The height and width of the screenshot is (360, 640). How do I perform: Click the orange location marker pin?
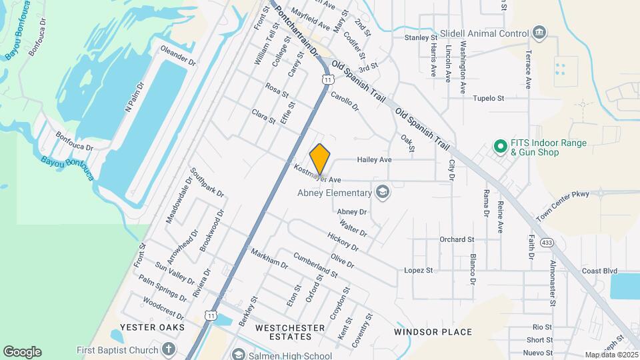click(x=320, y=159)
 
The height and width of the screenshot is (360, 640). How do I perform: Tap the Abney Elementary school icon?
click(x=382, y=193)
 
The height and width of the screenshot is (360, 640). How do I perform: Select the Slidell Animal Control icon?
click(x=539, y=33)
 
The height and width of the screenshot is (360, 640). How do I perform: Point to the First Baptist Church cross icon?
click(x=169, y=349)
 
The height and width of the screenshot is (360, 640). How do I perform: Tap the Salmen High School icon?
click(x=238, y=355)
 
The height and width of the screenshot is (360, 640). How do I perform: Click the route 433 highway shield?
click(x=546, y=241)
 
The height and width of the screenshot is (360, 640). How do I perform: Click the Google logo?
click(x=22, y=352)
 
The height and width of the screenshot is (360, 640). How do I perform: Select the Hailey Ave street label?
click(x=374, y=160)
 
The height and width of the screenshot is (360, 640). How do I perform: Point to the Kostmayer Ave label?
click(x=317, y=175)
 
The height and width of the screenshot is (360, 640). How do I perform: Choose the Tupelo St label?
click(x=489, y=98)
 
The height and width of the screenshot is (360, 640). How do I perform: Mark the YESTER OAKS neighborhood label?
click(x=147, y=327)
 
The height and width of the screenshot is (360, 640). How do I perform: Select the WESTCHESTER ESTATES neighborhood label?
click(x=290, y=332)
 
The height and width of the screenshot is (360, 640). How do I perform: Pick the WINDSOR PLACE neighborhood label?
click(x=433, y=332)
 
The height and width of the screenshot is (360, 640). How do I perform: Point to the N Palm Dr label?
click(x=135, y=97)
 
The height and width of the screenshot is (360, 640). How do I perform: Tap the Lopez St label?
click(x=419, y=270)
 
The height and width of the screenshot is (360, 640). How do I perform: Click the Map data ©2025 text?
click(x=611, y=355)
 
